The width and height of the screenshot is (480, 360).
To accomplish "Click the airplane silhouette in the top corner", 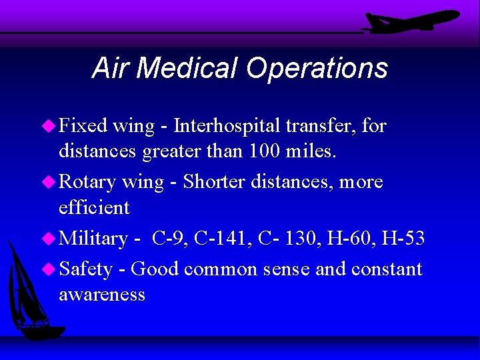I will pyautogui.click(x=409, y=22).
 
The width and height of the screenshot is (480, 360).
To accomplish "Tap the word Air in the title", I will pyautogui.click(x=110, y=69).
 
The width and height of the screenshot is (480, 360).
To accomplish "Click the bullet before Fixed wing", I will pyautogui.click(x=49, y=125).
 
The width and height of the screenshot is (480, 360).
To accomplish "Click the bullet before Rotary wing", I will pyautogui.click(x=49, y=182).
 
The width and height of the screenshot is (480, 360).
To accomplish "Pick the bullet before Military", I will pyautogui.click(x=49, y=239).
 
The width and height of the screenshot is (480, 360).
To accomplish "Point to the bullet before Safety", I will pyautogui.click(x=49, y=269).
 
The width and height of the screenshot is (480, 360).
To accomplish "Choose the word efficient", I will pyautogui.click(x=94, y=207).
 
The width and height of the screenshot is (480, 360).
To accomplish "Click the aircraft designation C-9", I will pyautogui.click(x=168, y=239).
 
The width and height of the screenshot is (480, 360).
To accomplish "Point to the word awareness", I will pyautogui.click(x=102, y=295).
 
